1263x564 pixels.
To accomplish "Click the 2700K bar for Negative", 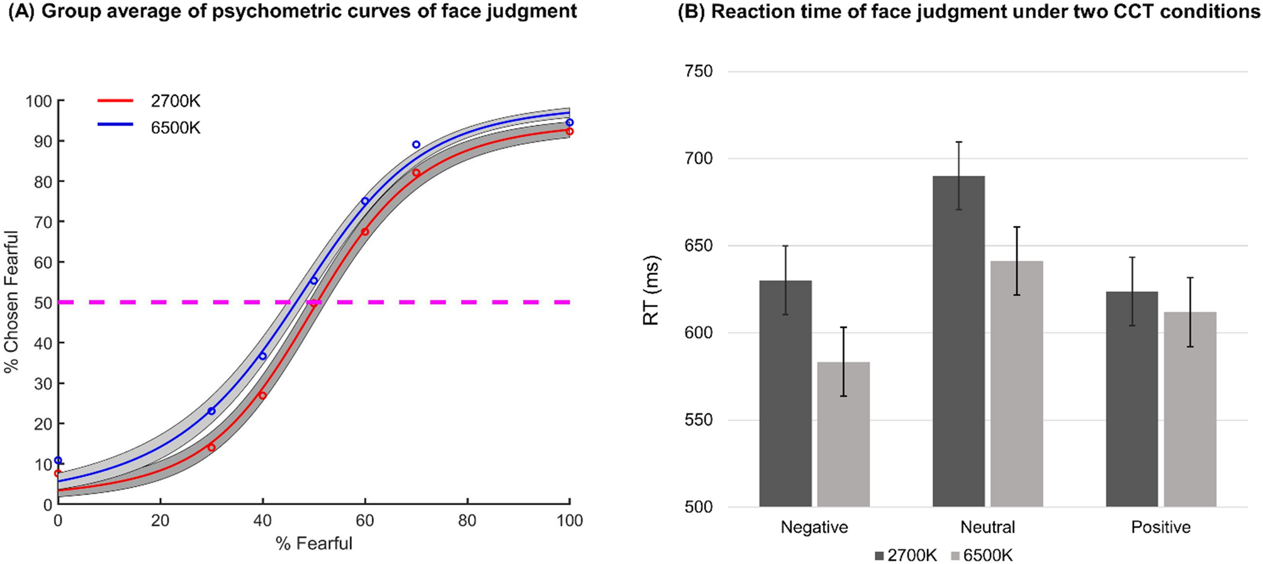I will [x=785, y=393].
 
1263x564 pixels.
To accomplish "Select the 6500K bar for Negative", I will [x=843, y=434].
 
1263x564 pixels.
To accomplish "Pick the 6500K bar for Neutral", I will [x=1016, y=384].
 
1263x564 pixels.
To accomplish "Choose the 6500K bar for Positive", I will [x=1189, y=409].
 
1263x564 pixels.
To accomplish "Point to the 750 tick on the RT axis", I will [x=698, y=71].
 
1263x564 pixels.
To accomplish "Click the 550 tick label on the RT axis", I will [x=698, y=420].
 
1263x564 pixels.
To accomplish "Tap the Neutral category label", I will [x=987, y=527].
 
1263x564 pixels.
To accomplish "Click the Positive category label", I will [x=1160, y=527].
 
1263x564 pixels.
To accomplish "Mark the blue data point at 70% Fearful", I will [x=416, y=145].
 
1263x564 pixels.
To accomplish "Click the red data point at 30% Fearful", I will [x=211, y=448].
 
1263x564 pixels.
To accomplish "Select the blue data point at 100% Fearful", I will [x=570, y=123].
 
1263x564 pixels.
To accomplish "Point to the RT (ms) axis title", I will [x=651, y=290].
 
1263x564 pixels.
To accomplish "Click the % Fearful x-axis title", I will [x=313, y=543].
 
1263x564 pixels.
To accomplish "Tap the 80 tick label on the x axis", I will [x=467, y=521].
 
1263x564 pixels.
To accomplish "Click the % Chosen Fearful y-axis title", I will [x=11, y=302].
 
